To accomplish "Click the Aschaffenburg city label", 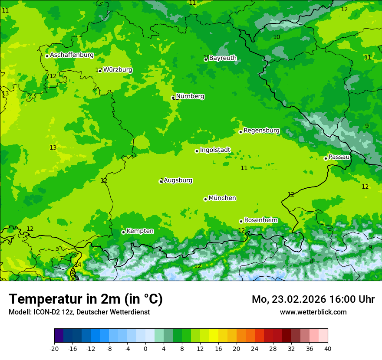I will coord(72,55).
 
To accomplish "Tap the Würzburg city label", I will coord(118,70).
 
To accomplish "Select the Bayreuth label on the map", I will coord(223,58).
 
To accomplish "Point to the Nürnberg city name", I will coord(190,96).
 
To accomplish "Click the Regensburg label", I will coord(261,131).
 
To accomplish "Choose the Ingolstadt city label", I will coord(215,150).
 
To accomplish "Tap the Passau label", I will coord(339,157).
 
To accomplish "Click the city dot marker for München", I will coord(205,199).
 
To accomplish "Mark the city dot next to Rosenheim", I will coord(241,221).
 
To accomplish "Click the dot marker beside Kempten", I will coord(123,232).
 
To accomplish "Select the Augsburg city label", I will coord(178,180).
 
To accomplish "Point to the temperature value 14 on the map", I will coord(77,265).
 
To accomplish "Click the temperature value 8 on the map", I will coord(312,261).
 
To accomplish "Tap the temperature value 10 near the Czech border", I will coord(277,37).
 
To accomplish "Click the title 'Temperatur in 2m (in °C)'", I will coord(86,299).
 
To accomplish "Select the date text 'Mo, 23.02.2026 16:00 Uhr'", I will coord(313,299).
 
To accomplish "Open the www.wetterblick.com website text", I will coord(313,312).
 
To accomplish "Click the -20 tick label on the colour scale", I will coord(54,348).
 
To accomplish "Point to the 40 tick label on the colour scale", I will coord(328,348).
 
